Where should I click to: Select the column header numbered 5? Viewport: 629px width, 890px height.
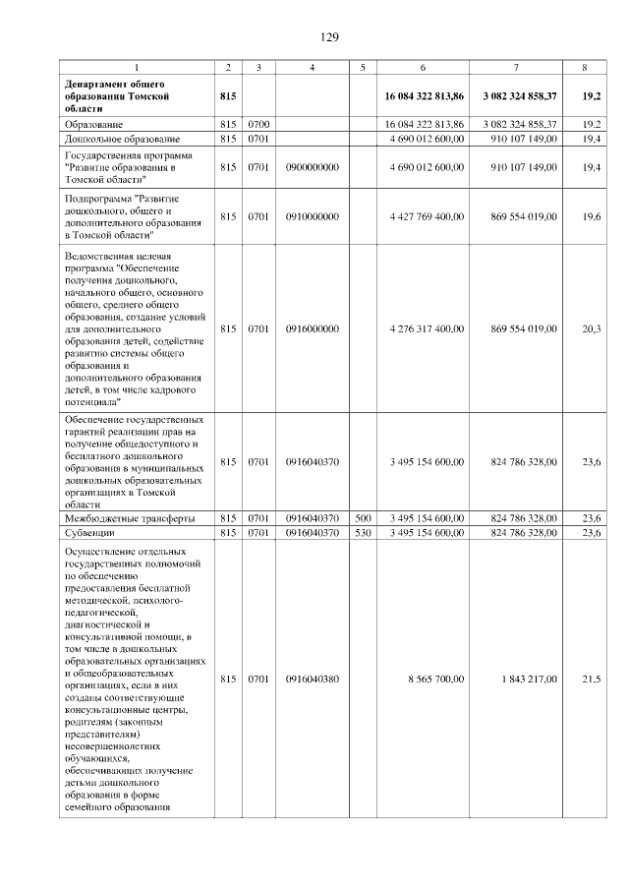pos(363,67)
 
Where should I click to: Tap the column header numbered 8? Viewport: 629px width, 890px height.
pos(585,67)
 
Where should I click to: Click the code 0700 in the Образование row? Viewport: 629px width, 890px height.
pos(258,124)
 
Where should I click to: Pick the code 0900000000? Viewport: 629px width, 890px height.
pos(312,168)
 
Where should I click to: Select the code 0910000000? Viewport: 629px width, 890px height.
pos(312,215)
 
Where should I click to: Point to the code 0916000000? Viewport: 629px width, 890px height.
pos(312,328)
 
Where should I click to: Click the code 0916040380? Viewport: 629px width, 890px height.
pos(312,679)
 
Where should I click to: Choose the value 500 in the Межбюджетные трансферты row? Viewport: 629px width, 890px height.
pos(363,517)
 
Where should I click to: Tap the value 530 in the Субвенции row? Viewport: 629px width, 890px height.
pos(363,532)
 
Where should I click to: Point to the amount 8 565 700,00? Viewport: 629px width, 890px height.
pos(432,679)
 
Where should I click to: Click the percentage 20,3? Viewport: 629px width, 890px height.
pos(591,328)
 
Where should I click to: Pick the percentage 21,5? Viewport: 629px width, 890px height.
pos(591,679)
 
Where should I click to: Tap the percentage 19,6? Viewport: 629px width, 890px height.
pos(591,215)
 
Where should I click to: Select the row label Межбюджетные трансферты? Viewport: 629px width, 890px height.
pos(129,517)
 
